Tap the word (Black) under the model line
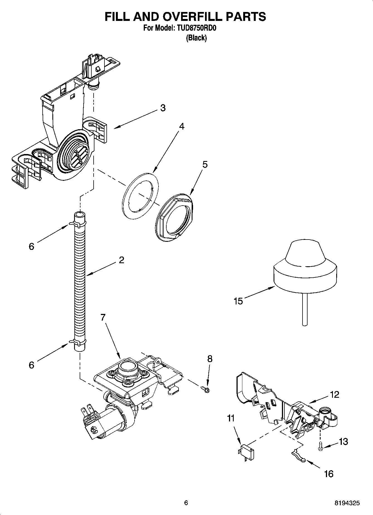tap(196, 38)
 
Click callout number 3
tap(163, 108)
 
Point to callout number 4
tap(181, 126)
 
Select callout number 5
tap(205, 164)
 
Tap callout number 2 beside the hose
tap(121, 260)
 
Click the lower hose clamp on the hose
tap(79, 341)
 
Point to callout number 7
tap(103, 317)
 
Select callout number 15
tap(238, 301)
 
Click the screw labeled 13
tap(321, 447)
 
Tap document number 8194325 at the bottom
tap(347, 503)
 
